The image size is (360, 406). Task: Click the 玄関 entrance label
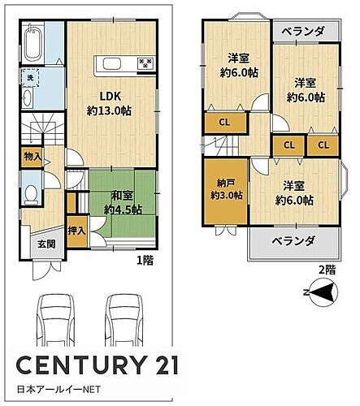(46, 243)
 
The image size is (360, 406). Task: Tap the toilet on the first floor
(31, 195)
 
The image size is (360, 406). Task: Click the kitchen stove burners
(145, 63)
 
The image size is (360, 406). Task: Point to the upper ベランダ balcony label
(303, 32)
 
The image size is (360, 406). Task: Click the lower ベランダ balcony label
(293, 242)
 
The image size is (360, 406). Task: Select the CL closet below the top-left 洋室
(223, 123)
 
